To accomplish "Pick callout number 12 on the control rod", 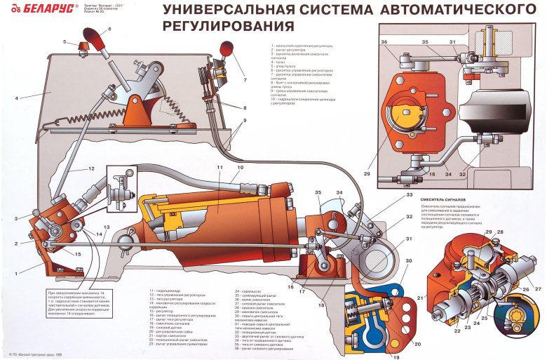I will (x=91, y=169).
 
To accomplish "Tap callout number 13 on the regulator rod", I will (x=107, y=228).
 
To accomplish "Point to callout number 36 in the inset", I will (x=385, y=42).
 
